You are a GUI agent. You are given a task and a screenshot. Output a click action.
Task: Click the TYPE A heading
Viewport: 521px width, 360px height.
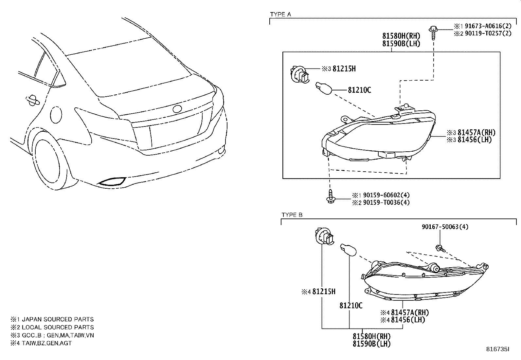(x=280, y=14)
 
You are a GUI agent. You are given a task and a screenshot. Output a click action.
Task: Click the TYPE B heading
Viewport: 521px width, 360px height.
(x=292, y=215)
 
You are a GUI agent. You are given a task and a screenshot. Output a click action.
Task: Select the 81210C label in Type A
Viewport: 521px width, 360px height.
(x=359, y=90)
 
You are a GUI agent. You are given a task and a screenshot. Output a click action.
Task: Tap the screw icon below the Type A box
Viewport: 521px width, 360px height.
(x=331, y=197)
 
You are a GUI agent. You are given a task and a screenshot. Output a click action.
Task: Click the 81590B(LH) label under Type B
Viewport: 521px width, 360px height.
(x=371, y=344)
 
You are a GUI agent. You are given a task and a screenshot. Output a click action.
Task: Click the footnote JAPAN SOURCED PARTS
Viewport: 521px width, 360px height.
(x=58, y=319)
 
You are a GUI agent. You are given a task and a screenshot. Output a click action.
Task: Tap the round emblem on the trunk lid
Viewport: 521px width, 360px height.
(x=177, y=109)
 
